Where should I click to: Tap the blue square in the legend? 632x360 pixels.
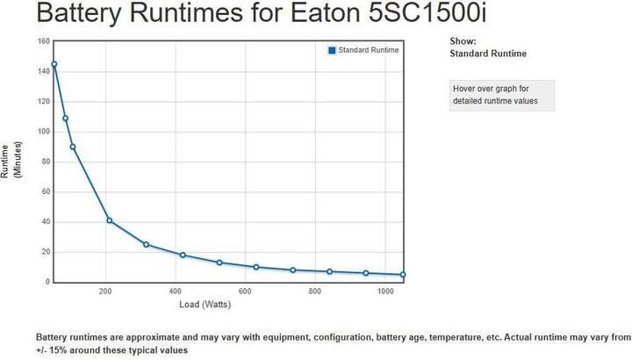pyautogui.click(x=332, y=50)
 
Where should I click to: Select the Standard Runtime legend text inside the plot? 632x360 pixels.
pyautogui.click(x=369, y=50)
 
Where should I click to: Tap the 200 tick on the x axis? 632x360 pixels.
pyautogui.click(x=105, y=292)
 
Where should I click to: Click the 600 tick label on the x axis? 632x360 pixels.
pyautogui.click(x=245, y=292)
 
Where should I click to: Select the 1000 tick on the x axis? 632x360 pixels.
pyautogui.click(x=384, y=292)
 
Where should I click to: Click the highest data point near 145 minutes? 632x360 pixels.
pyautogui.click(x=54, y=64)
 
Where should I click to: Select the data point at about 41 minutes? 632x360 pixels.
pyautogui.click(x=109, y=220)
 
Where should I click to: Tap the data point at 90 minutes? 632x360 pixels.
pyautogui.click(x=73, y=147)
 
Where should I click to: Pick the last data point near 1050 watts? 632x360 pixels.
pyautogui.click(x=403, y=275)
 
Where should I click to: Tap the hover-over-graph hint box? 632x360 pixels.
pyautogui.click(x=501, y=95)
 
